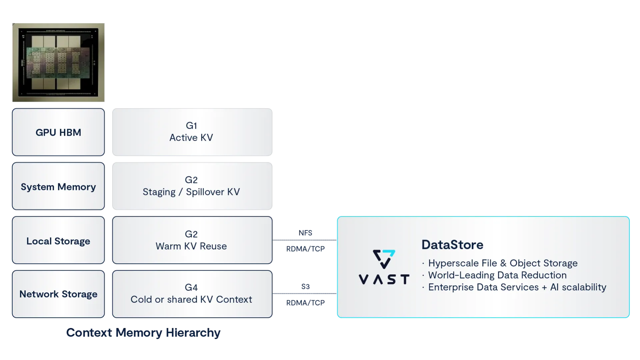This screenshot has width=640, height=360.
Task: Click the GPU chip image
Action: tap(59, 63)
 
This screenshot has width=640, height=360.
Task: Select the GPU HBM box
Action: tap(58, 132)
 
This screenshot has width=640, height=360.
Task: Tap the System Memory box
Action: tap(58, 187)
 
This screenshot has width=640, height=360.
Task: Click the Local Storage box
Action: tap(58, 241)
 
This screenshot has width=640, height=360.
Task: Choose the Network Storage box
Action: tap(58, 294)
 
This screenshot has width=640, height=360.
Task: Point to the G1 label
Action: tap(191, 126)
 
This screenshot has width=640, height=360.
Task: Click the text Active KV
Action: tap(191, 138)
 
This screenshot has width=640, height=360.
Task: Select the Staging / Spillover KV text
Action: tap(191, 192)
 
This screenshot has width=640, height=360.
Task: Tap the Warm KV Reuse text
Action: tap(191, 246)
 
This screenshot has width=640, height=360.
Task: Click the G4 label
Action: tap(191, 287)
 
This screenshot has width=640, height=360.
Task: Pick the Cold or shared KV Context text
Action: tap(191, 299)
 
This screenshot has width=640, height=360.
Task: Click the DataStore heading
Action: tap(452, 245)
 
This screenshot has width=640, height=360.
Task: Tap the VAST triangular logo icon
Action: tap(384, 259)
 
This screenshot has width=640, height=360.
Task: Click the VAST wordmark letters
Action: tap(384, 279)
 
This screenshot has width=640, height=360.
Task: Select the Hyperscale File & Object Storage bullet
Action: tap(502, 263)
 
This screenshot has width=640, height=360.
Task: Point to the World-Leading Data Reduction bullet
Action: tap(497, 275)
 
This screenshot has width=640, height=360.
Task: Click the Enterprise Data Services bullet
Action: tap(517, 287)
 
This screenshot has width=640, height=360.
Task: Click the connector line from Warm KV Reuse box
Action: tap(305, 240)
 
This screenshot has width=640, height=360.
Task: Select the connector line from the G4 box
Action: tap(305, 294)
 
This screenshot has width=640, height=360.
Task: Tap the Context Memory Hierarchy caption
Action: tap(143, 333)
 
